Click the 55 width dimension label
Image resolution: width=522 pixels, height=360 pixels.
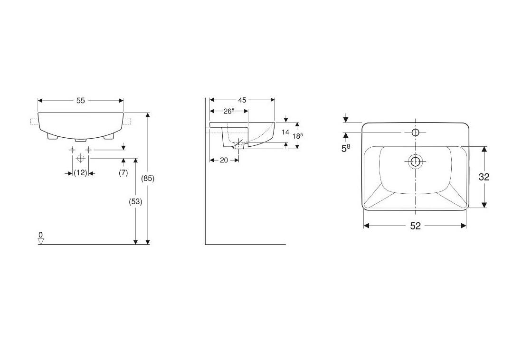pyautogui.click(x=81, y=101)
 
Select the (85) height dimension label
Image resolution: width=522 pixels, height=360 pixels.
pyautogui.click(x=148, y=178)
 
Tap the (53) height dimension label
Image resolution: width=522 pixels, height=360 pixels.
pyautogui.click(x=135, y=201)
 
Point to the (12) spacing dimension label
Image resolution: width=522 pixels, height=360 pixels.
pyautogui.click(x=80, y=173)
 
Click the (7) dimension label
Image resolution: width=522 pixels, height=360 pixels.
pyautogui.click(x=123, y=173)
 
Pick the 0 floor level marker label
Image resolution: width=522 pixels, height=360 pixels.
pyautogui.click(x=41, y=235)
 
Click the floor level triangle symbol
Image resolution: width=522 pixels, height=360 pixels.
pyautogui.click(x=41, y=241)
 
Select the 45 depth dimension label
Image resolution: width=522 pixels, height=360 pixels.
pyautogui.click(x=242, y=100)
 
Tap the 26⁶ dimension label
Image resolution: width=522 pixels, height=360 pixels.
pyautogui.click(x=229, y=111)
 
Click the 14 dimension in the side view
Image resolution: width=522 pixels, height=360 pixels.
pyautogui.click(x=285, y=132)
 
